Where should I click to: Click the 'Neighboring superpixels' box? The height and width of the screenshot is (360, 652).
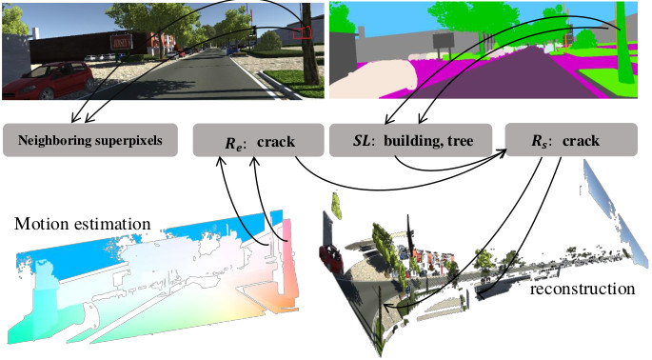tap(90, 140)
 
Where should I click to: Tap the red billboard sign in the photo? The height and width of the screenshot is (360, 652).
tap(121, 41)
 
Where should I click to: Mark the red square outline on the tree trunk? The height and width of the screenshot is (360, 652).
tap(304, 31)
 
